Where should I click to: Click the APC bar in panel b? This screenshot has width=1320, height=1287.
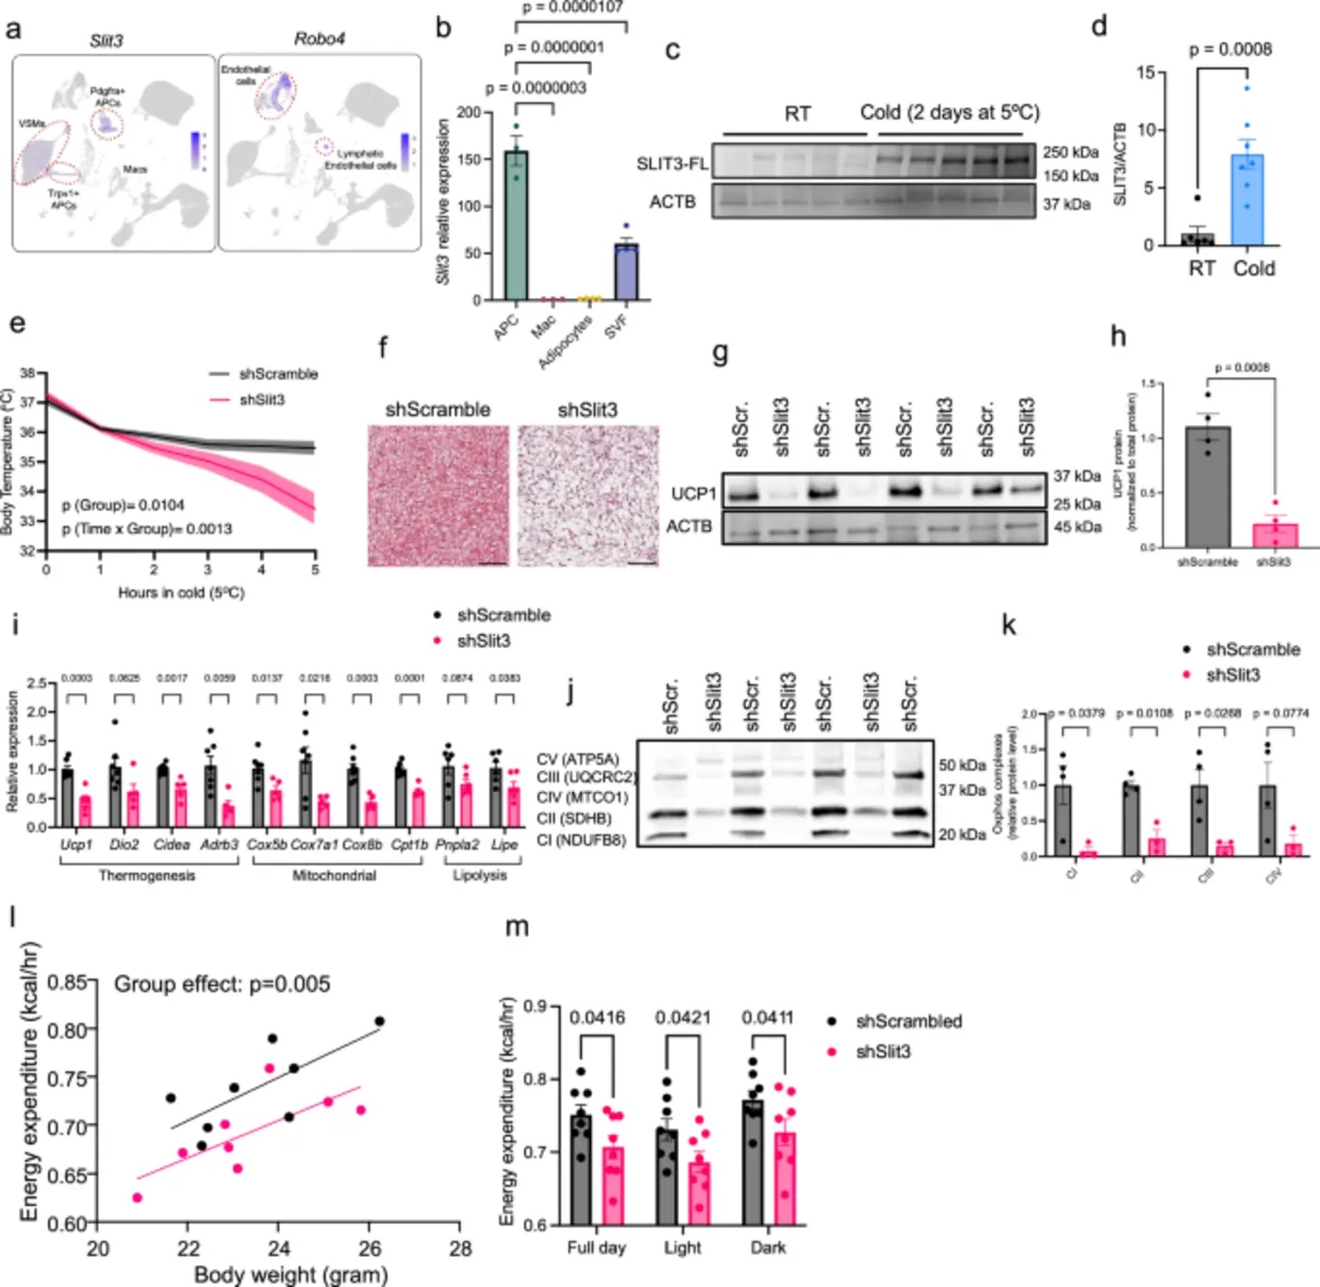(516, 226)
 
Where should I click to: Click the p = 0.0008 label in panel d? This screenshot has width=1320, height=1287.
(1229, 49)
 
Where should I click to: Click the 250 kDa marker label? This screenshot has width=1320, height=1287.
(1070, 152)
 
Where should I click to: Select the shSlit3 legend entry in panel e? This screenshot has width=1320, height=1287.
(261, 400)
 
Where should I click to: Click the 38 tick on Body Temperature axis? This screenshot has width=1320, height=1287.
(27, 373)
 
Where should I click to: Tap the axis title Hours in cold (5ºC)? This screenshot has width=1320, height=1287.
(181, 592)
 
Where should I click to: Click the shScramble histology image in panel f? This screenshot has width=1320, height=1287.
(438, 495)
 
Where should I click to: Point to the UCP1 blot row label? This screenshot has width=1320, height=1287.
(693, 494)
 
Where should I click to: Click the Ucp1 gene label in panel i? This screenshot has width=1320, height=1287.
(76, 845)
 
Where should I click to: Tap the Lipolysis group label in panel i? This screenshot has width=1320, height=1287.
(480, 875)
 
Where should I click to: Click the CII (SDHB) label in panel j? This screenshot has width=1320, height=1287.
(573, 818)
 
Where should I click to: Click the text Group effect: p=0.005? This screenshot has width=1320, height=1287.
(222, 984)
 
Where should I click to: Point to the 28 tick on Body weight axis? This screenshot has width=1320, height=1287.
(459, 1248)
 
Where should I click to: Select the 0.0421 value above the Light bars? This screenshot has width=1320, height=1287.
(684, 1017)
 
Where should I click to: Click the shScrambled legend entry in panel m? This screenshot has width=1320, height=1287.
(908, 1021)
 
